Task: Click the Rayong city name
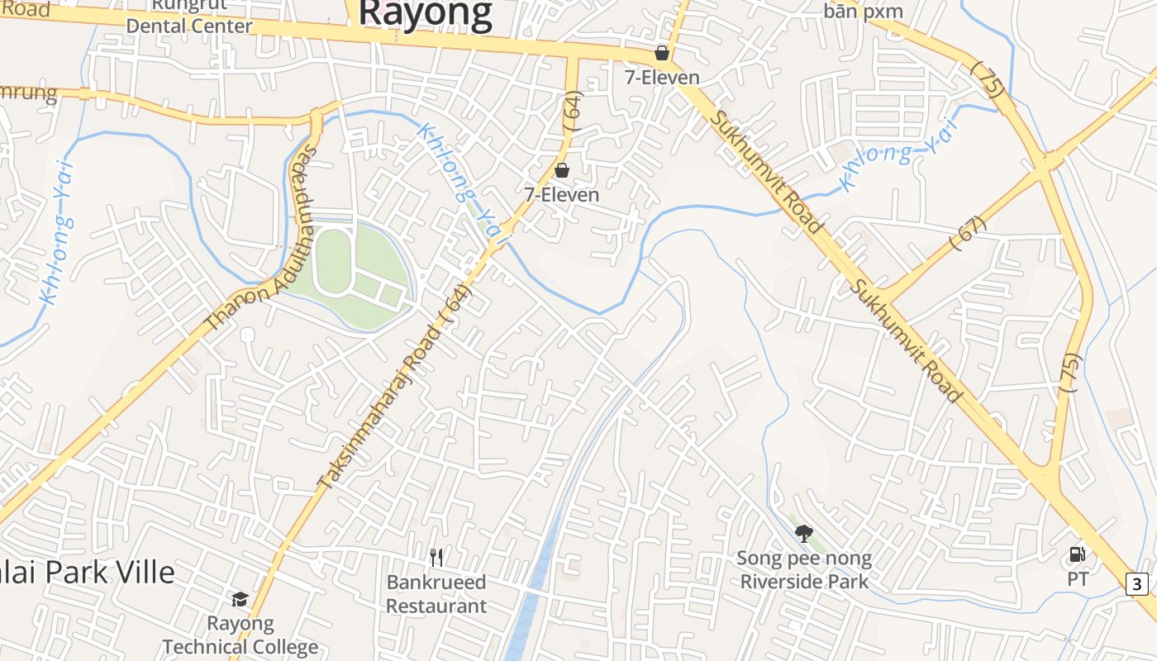[426, 14]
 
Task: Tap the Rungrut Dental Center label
[189, 17]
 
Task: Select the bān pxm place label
[863, 12]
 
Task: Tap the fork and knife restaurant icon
[437, 558]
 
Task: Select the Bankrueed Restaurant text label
[436, 594]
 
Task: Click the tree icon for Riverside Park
[803, 534]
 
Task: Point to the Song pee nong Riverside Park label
[804, 570]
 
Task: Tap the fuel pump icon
[1078, 554]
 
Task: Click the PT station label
[1078, 579]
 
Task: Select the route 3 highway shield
[1137, 584]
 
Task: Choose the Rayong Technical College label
[240, 635]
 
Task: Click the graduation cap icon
[240, 599]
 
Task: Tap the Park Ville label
[87, 572]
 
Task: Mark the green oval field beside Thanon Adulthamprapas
[332, 261]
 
